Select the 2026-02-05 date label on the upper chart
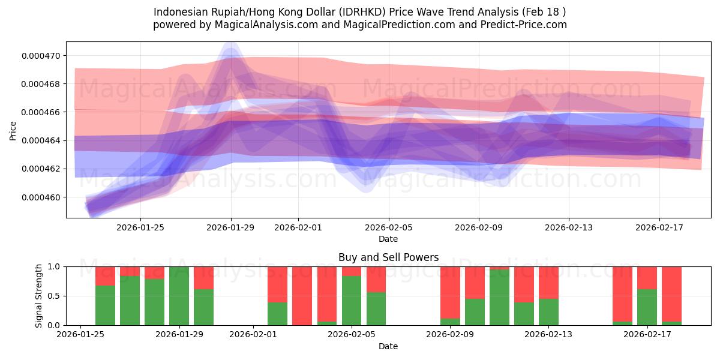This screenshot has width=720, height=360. pos(388,227)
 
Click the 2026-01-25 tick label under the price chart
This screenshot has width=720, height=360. pos(140,227)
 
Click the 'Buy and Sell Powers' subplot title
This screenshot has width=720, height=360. pos(388,257)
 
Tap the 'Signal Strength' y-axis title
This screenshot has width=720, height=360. pos(38,296)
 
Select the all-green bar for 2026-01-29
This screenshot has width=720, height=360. pos(179,296)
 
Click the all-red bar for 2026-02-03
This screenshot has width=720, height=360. pos(302,296)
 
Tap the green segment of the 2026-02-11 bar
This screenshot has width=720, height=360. pos(499,298)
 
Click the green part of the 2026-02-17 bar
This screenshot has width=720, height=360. pos(647,307)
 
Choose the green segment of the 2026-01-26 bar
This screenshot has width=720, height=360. pos(105,305)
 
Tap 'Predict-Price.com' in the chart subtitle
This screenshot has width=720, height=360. pos(521,25)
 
